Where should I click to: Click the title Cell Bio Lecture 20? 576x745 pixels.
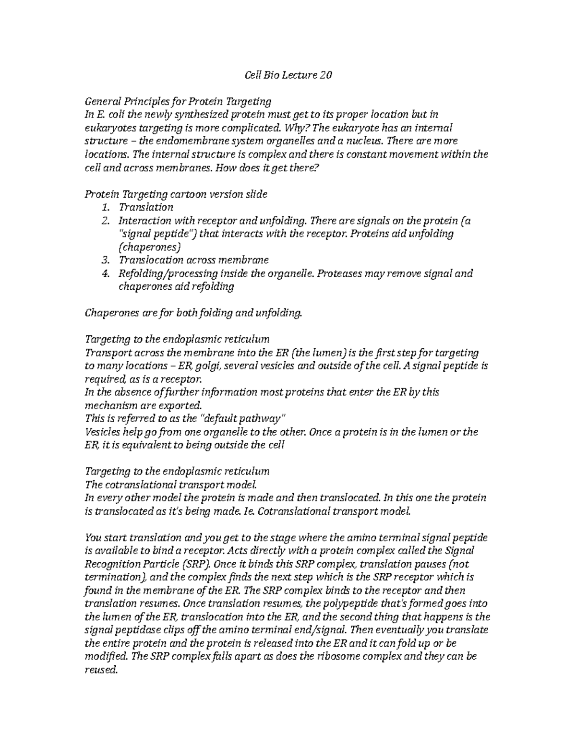click(288, 75)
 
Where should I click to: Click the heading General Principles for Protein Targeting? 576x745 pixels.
click(178, 102)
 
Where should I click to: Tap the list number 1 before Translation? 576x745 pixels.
click(106, 207)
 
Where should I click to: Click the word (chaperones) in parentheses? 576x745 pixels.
click(149, 247)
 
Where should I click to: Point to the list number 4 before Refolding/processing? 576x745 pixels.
click(106, 273)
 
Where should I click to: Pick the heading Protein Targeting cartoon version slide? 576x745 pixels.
click(176, 194)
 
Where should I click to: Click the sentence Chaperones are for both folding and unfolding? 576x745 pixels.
click(193, 313)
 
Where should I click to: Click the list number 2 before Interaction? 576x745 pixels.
click(106, 221)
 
